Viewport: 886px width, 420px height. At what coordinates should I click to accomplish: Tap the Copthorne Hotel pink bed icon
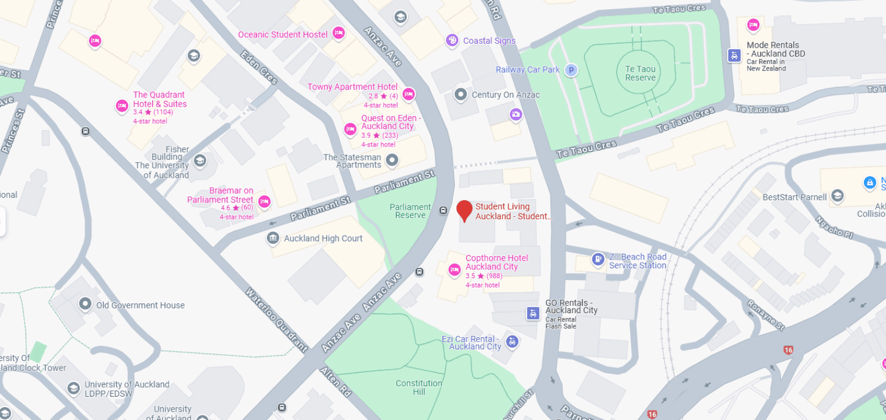click(x=455, y=269)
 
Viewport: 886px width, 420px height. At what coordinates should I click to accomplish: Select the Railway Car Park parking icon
click(x=572, y=70)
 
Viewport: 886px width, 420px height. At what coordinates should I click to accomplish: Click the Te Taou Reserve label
click(x=640, y=73)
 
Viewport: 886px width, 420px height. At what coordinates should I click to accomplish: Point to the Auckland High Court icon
click(x=272, y=238)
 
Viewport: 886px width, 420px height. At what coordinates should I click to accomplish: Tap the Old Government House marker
click(x=86, y=304)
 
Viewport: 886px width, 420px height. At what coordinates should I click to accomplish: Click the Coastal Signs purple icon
click(x=452, y=40)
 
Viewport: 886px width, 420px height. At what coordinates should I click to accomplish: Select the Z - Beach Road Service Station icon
click(x=597, y=260)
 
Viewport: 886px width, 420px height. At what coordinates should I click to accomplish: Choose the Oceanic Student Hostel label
click(x=283, y=34)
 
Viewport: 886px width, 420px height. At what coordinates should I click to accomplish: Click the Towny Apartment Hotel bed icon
click(x=409, y=94)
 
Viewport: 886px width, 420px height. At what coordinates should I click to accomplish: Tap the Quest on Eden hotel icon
click(x=350, y=129)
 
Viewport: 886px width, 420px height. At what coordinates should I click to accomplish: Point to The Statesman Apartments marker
click(x=392, y=159)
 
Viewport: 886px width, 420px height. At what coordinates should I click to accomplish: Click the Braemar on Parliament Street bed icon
click(x=264, y=202)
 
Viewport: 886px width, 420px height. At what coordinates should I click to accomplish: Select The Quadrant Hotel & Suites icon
click(x=122, y=106)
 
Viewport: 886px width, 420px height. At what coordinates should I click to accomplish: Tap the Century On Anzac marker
click(x=461, y=94)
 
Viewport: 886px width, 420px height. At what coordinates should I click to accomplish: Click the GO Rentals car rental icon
click(x=533, y=313)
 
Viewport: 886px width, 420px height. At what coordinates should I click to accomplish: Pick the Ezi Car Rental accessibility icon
click(x=512, y=341)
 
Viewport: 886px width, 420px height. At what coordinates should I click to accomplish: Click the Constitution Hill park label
click(x=419, y=387)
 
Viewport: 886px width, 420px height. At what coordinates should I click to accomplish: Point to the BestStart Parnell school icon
click(x=838, y=195)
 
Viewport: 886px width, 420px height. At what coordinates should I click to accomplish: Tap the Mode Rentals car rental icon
click(x=734, y=55)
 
